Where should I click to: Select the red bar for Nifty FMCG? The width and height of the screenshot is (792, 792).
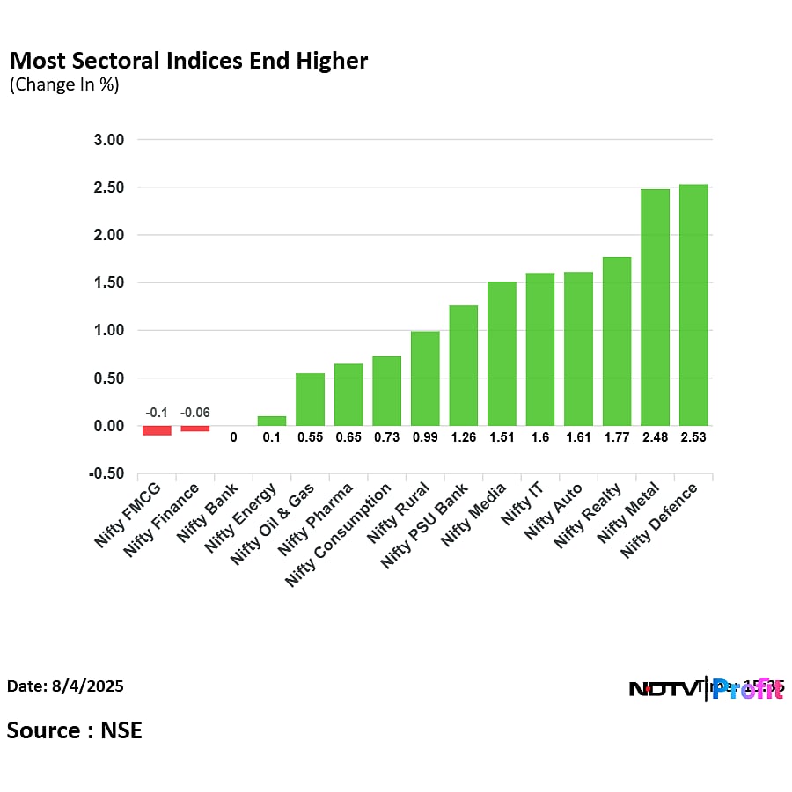(157, 430)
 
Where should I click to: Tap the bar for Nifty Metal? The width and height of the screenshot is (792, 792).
(655, 307)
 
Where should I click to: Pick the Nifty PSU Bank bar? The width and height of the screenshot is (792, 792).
(463, 365)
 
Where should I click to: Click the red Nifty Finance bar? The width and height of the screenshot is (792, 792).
(195, 429)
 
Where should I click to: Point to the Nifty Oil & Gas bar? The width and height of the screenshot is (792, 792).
(310, 400)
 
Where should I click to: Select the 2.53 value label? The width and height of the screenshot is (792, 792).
(693, 436)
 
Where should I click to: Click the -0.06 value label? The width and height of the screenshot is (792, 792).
(195, 413)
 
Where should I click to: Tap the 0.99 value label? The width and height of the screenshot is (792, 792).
(425, 436)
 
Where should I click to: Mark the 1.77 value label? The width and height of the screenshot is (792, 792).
(617, 436)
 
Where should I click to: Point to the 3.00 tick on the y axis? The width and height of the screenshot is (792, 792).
(109, 140)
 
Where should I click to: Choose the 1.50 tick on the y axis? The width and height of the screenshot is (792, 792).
(109, 283)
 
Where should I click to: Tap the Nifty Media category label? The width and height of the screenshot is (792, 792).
(475, 516)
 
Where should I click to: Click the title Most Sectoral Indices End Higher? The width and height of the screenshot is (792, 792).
(187, 61)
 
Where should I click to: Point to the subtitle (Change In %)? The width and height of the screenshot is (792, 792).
(63, 84)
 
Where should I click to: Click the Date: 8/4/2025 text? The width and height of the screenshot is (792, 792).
(65, 686)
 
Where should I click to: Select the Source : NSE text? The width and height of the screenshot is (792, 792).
(75, 730)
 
